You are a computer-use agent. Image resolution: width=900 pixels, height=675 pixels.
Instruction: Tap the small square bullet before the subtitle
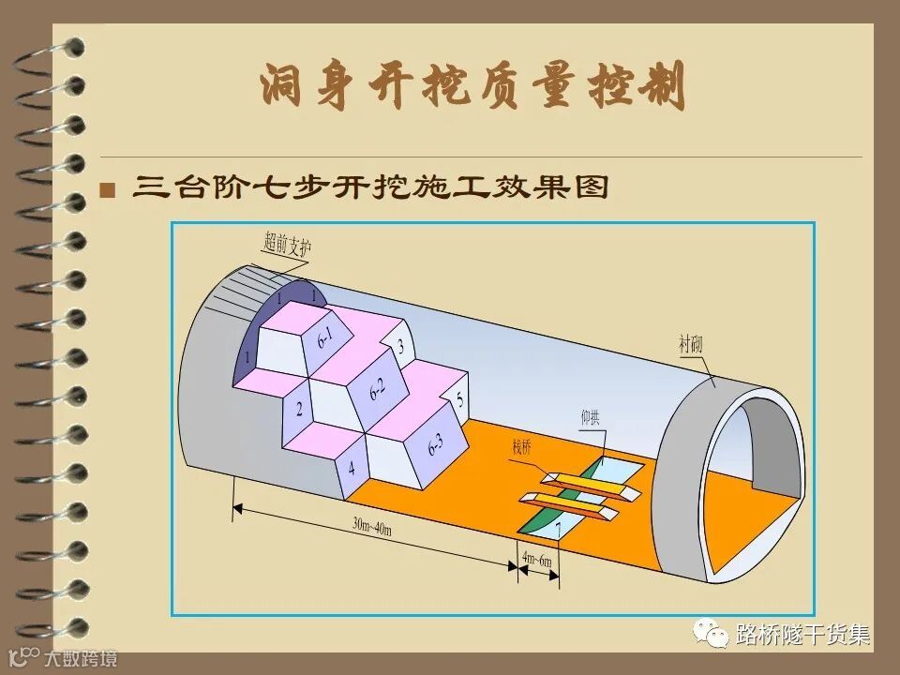click(x=108, y=190)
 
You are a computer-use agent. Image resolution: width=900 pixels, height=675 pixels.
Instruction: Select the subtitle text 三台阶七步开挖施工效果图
click(x=371, y=187)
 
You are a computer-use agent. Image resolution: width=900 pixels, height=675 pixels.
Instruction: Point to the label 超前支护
click(x=287, y=246)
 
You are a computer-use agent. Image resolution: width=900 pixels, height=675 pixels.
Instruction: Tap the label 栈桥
click(x=522, y=448)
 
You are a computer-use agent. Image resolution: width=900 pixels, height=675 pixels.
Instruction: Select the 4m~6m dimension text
click(x=538, y=559)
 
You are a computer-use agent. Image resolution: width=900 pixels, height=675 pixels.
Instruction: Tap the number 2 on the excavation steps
click(x=299, y=410)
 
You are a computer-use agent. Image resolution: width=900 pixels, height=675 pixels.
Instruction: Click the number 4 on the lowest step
click(x=352, y=467)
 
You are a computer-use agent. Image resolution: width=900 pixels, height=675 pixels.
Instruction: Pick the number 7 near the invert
click(x=559, y=531)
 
